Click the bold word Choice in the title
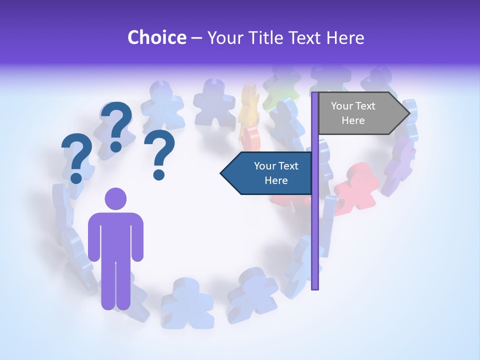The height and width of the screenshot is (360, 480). [x=156, y=37]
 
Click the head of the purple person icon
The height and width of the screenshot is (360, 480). [x=115, y=198]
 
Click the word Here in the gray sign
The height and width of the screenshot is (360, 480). [x=353, y=120]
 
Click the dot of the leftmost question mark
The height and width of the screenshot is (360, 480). [x=76, y=178]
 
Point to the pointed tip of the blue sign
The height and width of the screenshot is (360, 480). [x=222, y=173]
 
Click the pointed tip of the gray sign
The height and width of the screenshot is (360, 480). [x=409, y=113]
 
